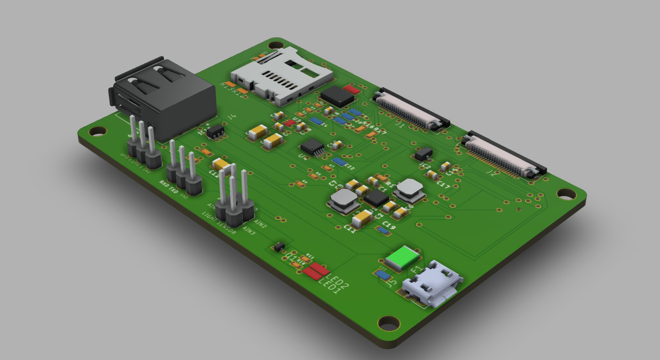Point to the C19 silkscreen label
389,225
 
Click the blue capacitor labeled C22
339,162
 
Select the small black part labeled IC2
423,154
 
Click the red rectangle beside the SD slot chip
351,89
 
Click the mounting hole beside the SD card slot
275,45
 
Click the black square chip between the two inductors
376,197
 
